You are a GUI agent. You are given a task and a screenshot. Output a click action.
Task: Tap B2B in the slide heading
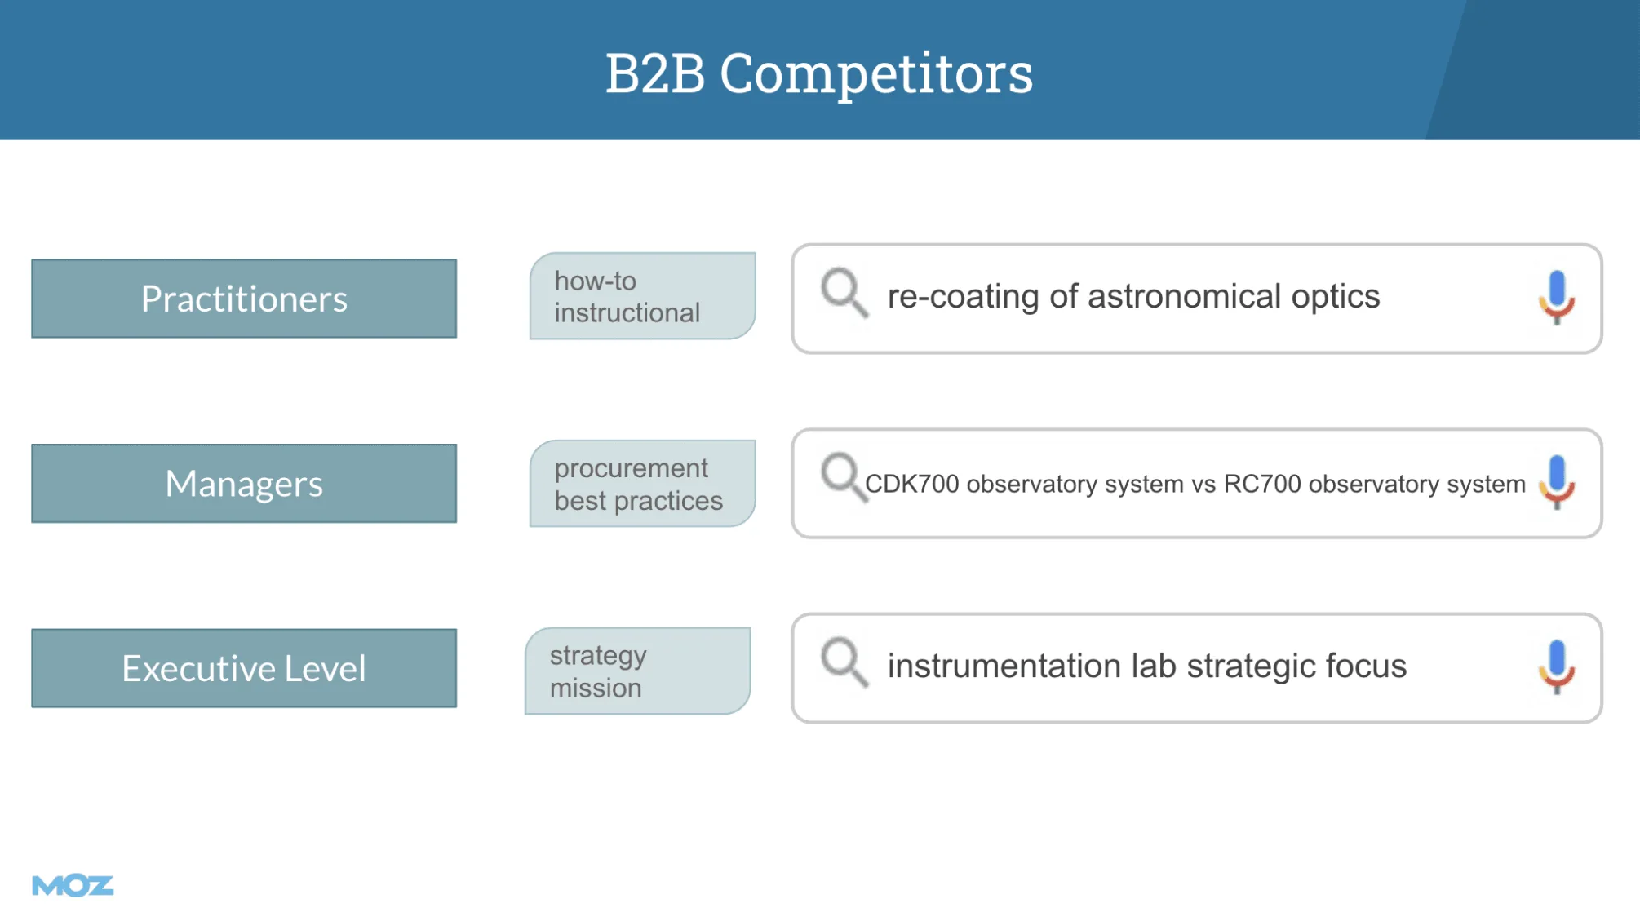[x=655, y=73]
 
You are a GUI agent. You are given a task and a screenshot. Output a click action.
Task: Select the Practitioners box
[x=244, y=299]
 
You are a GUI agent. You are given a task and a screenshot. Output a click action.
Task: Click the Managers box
[x=244, y=484]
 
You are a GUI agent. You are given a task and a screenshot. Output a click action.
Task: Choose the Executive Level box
[x=244, y=668]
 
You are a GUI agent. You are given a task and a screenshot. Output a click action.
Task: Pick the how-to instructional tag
[x=643, y=296]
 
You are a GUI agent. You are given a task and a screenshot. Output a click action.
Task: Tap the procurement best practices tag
[x=643, y=484]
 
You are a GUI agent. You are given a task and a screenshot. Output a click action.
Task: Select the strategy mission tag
[x=638, y=671]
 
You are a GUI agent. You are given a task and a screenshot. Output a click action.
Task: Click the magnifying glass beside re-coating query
[x=844, y=292]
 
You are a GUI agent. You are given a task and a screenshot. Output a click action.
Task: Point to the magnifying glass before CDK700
[x=843, y=476]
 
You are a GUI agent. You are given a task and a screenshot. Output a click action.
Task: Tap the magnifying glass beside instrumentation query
[x=844, y=662]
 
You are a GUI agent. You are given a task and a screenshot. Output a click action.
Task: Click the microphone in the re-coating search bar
[x=1557, y=298]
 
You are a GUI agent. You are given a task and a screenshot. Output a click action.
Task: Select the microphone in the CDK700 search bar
[x=1557, y=482]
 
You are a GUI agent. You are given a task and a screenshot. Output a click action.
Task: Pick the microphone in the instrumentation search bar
[x=1557, y=667]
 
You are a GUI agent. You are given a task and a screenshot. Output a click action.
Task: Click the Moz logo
[x=73, y=885]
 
